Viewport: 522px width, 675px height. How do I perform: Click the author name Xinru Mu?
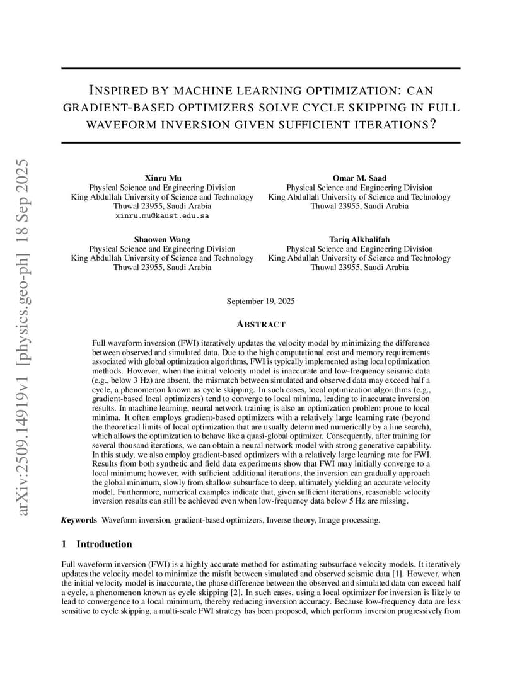click(162, 178)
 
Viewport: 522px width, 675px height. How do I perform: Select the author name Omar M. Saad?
click(359, 178)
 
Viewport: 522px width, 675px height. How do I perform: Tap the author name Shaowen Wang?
click(162, 239)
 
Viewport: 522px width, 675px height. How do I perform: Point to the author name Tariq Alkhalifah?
click(359, 239)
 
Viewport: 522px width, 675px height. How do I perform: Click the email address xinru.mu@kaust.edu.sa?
click(162, 215)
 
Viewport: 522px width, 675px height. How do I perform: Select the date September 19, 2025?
click(260, 301)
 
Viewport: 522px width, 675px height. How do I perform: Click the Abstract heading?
click(260, 324)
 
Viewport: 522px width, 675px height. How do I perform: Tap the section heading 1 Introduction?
click(97, 544)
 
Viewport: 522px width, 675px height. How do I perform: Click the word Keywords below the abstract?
click(79, 520)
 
